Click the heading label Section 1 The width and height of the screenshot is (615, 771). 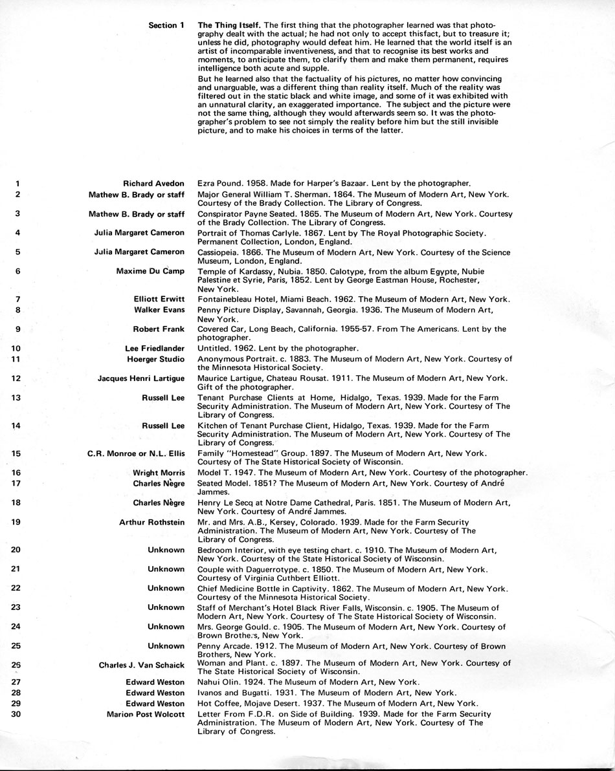(x=166, y=25)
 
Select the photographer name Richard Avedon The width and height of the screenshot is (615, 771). (x=154, y=184)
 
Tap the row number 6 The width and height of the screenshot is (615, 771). (x=17, y=271)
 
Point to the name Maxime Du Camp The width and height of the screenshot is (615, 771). (x=150, y=271)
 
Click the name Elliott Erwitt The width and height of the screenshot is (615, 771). (x=159, y=299)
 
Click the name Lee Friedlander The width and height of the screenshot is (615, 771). (x=155, y=349)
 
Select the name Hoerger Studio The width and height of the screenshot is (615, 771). (x=155, y=359)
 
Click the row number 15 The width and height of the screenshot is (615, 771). (x=17, y=453)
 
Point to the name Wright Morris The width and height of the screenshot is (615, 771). (x=159, y=473)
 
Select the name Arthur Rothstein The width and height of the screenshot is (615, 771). (x=152, y=522)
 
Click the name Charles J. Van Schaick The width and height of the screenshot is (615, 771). (x=142, y=664)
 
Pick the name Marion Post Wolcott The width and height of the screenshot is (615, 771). (x=146, y=714)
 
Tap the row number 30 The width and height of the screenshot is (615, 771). (x=17, y=714)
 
